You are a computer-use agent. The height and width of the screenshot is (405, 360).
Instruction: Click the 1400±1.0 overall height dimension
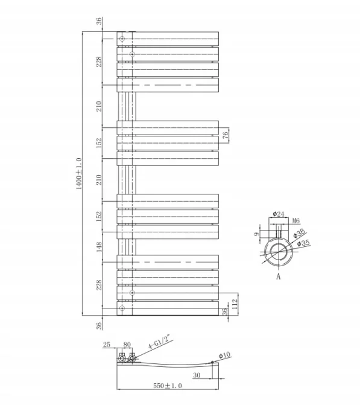click(x=78, y=173)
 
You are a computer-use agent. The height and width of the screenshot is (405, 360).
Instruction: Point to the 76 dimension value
click(x=225, y=135)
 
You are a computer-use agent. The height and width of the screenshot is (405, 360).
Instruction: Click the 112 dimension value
click(x=235, y=301)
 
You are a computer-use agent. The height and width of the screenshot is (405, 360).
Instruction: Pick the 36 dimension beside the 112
click(x=225, y=311)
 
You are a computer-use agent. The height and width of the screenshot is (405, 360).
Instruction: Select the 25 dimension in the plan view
click(x=107, y=345)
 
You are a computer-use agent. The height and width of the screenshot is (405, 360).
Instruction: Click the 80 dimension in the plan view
click(x=127, y=345)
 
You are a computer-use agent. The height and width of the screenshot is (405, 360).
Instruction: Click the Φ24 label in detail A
click(x=278, y=214)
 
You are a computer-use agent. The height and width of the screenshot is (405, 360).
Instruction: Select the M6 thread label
click(x=296, y=222)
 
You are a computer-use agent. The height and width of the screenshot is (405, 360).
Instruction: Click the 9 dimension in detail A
click(x=256, y=235)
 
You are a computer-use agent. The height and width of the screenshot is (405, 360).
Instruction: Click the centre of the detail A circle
click(x=278, y=252)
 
